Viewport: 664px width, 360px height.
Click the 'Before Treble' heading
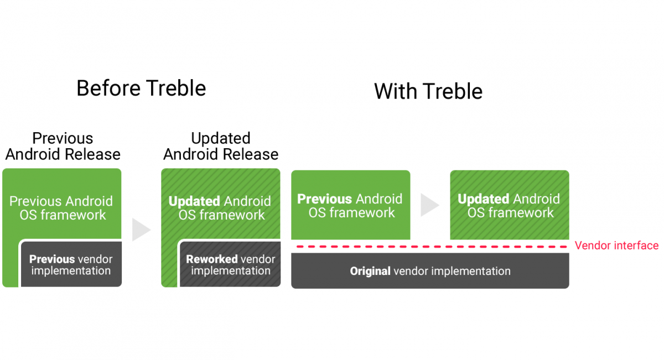point(141,88)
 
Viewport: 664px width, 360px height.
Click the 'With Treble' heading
point(428,91)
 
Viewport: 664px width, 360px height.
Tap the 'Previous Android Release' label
point(63,146)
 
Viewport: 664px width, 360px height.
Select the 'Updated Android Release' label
point(221,146)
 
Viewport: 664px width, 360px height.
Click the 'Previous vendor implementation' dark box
point(71,265)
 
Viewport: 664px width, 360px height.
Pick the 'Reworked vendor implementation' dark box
point(230,265)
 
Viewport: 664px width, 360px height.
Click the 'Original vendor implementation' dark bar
point(430,272)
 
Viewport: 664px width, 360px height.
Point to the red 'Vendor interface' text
point(616,246)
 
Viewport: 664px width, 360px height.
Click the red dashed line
point(430,247)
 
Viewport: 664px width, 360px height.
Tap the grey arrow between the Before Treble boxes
point(141,229)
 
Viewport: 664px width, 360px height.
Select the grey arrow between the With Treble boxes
point(429,205)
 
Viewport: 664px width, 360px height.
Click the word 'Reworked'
point(211,259)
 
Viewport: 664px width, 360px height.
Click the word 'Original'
point(370,272)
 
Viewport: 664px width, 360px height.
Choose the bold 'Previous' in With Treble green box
point(324,199)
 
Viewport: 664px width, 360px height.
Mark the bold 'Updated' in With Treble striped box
point(483,199)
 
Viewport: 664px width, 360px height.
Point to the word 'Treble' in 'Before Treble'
point(177,88)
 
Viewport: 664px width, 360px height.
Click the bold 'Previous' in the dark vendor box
point(52,259)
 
